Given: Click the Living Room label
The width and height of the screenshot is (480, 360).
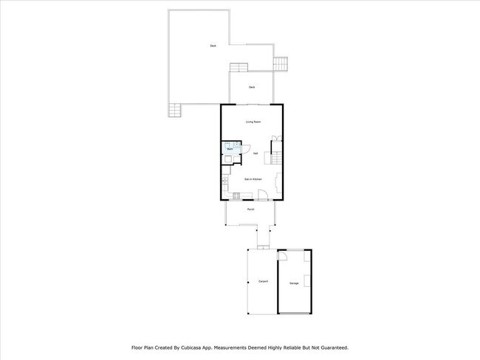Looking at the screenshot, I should pyautogui.click(x=253, y=122).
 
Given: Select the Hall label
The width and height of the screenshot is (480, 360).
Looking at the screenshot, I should pyautogui.click(x=256, y=153).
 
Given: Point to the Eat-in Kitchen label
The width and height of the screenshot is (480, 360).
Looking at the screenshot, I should pyautogui.click(x=253, y=179).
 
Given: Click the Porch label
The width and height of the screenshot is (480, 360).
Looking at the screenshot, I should pyautogui.click(x=251, y=210).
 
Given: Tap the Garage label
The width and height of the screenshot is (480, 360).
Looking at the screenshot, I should pyautogui.click(x=294, y=283).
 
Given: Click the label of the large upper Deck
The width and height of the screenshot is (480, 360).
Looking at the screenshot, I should pyautogui.click(x=213, y=46).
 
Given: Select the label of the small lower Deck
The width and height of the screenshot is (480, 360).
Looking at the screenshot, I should pyautogui.click(x=252, y=87).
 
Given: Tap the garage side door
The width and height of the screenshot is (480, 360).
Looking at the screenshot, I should pyautogui.click(x=282, y=256).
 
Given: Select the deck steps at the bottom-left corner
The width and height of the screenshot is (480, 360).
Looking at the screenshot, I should pyautogui.click(x=174, y=111).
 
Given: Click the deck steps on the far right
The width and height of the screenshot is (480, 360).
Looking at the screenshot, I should pyautogui.click(x=281, y=64).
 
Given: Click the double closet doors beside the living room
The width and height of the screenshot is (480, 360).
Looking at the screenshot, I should pyautogui.click(x=275, y=139).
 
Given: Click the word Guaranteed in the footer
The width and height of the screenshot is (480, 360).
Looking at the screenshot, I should pyautogui.click(x=329, y=347).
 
